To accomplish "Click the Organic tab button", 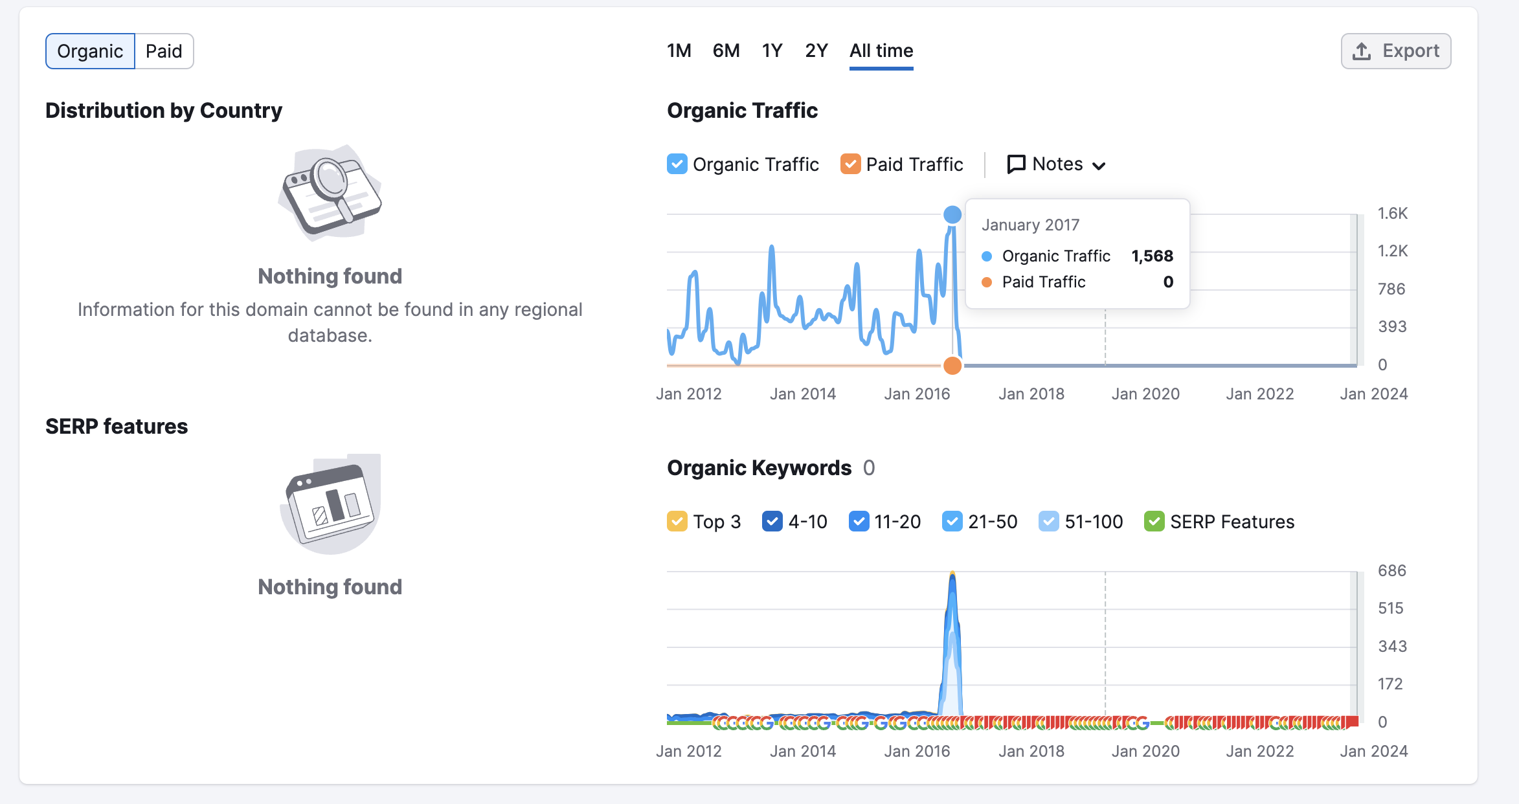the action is click(90, 51).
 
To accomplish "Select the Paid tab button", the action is click(164, 51).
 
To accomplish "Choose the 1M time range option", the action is click(679, 50).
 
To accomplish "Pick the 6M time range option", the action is click(726, 50).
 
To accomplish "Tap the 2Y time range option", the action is click(816, 50).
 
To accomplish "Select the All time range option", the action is click(881, 50).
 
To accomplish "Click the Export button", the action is click(1396, 51).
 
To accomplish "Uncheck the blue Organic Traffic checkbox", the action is click(677, 164).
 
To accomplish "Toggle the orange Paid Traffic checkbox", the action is click(850, 164).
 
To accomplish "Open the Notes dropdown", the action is click(1056, 164).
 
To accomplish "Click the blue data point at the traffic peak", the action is click(952, 214).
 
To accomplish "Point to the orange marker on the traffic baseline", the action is click(952, 366).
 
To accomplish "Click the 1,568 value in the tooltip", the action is click(1152, 256).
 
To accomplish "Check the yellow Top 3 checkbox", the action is click(677, 521).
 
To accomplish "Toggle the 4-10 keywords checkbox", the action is click(772, 521).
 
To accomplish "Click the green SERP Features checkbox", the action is click(1154, 521).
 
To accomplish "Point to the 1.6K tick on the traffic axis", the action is click(1393, 213).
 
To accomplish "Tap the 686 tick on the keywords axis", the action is click(1392, 570).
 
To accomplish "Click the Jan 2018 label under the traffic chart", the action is click(1031, 394).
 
